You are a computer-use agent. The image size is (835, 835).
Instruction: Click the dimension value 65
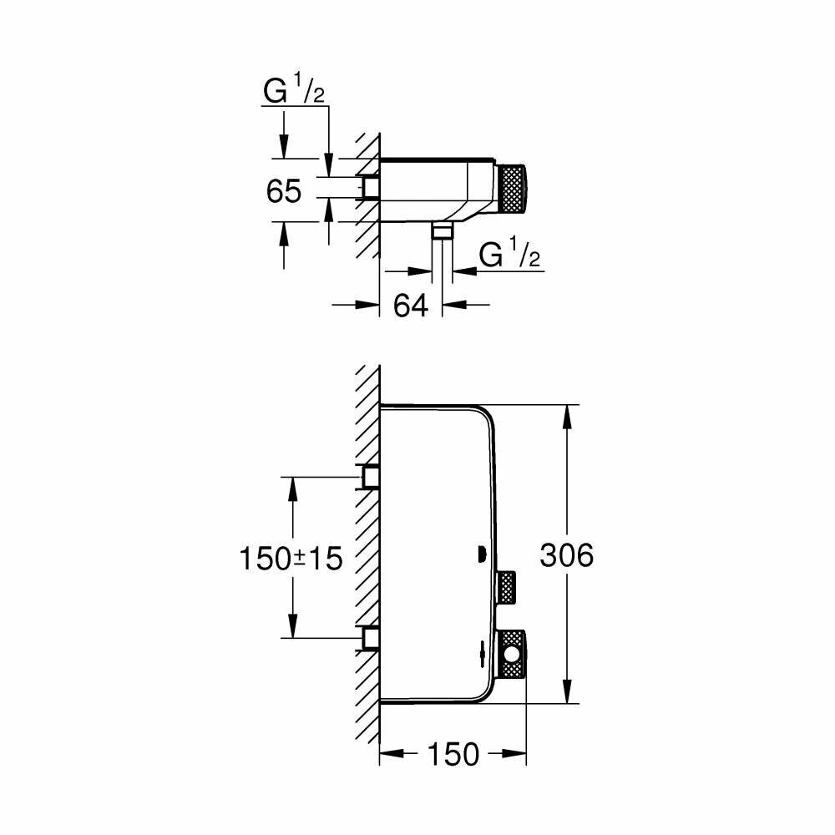click(284, 191)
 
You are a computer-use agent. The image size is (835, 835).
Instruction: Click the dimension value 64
click(411, 306)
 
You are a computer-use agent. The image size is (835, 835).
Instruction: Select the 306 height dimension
click(566, 555)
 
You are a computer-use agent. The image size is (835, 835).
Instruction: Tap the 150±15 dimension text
click(291, 558)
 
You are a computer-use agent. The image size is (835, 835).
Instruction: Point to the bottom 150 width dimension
click(453, 754)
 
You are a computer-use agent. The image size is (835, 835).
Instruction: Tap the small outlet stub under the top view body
click(442, 231)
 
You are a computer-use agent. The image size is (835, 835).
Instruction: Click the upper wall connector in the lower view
click(370, 476)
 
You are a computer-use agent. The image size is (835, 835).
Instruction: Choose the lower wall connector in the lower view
click(370, 639)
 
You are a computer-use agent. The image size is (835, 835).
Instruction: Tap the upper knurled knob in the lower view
click(507, 587)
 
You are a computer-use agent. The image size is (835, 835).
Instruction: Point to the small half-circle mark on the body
click(480, 554)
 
